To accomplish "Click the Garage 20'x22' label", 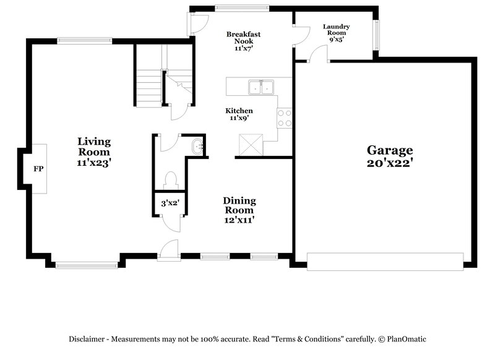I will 390,156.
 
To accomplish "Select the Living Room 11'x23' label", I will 94,152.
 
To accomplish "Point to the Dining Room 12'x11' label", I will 239,210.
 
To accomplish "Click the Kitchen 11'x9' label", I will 239,114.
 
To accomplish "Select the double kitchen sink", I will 260,87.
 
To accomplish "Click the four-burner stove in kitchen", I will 284,118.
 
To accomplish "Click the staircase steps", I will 148,85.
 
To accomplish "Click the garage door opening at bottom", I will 385,261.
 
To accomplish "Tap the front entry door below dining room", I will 168,251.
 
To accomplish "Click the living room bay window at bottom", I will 86,265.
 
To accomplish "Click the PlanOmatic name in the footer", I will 407,339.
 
